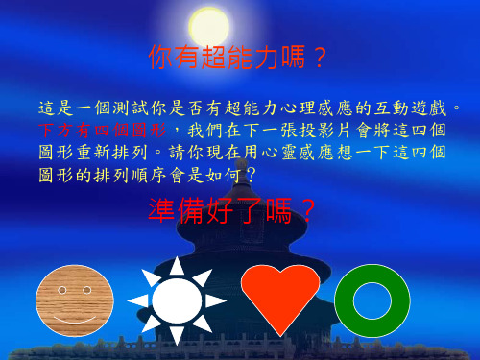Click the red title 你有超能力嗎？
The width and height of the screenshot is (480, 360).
point(239,60)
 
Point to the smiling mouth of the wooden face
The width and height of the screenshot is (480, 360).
point(74,314)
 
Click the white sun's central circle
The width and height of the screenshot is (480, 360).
point(177,300)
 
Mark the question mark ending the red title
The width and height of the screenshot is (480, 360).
point(320,60)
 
